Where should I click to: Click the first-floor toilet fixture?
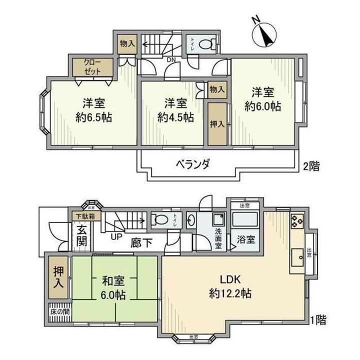(161, 219)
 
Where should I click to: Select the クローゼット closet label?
(91, 67)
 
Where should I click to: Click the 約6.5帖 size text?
(93, 117)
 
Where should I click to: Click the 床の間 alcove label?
(59, 311)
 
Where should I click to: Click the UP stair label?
(116, 236)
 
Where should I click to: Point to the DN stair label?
(170, 60)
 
